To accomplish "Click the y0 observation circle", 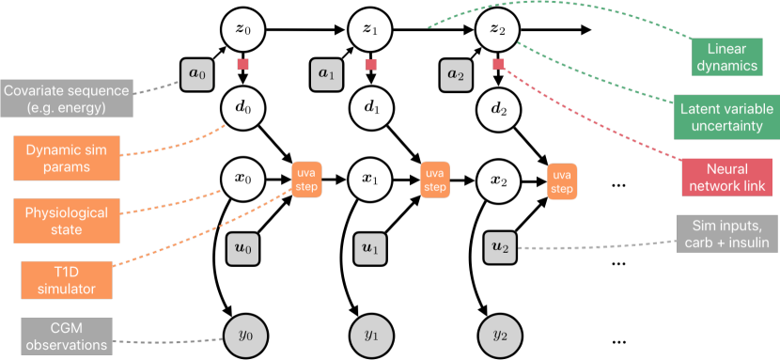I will pyautogui.click(x=242, y=334).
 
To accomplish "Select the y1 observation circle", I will pyautogui.click(x=370, y=334).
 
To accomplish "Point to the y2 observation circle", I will pyautogui.click(x=499, y=334).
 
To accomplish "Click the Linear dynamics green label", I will pyautogui.click(x=726, y=56).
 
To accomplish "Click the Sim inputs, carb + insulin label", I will pyautogui.click(x=726, y=234).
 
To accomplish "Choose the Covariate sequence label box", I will pyautogui.click(x=67, y=99).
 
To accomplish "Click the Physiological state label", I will pyautogui.click(x=66, y=222).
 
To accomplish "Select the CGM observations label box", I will pyautogui.click(x=66, y=336).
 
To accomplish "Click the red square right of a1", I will pyautogui.click(x=371, y=64).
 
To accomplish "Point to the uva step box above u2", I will pyautogui.click(x=562, y=180).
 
